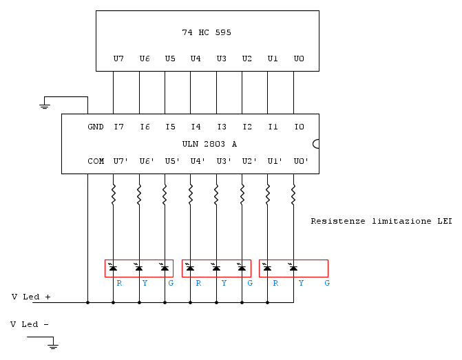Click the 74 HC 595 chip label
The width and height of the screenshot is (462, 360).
click(207, 32)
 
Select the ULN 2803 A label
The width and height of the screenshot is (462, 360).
click(209, 144)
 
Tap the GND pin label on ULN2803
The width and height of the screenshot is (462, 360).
click(96, 127)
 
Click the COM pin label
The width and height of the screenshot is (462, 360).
click(96, 162)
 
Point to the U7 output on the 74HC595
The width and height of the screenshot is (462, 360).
click(118, 59)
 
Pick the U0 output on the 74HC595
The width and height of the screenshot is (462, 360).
click(299, 59)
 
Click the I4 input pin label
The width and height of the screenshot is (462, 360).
click(196, 127)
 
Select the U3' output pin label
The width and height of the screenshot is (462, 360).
click(224, 162)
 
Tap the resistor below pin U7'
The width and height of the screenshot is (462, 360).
click(113, 194)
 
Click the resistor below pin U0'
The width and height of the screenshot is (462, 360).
click(293, 194)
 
